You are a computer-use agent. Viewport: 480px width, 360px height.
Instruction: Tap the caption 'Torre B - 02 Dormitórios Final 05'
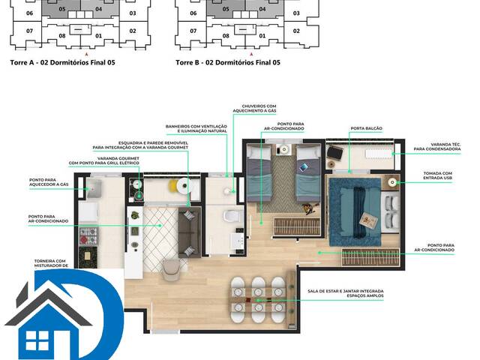click(228, 63)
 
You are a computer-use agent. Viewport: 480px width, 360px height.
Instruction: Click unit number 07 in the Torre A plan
click(29, 31)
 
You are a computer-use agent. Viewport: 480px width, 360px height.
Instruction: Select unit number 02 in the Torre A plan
click(133, 31)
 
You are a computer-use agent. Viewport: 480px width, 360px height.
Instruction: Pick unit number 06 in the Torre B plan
click(193, 13)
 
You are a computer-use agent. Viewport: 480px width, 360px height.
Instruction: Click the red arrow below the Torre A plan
click(88, 55)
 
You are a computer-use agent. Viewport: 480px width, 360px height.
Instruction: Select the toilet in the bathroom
click(231, 217)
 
